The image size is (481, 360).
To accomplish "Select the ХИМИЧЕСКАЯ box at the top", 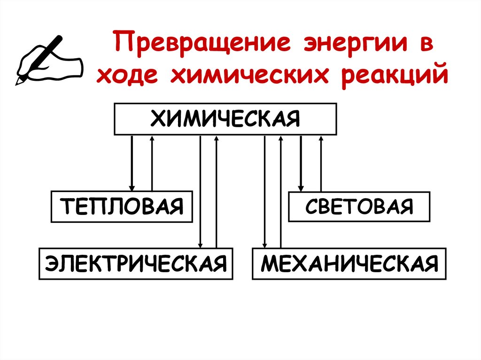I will pyautogui.click(x=225, y=118).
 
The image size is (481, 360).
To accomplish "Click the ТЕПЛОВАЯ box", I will pyautogui.click(x=122, y=207).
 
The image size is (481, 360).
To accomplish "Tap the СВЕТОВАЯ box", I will pyautogui.click(x=359, y=207).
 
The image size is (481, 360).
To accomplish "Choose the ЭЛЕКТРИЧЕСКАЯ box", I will pyautogui.click(x=136, y=263).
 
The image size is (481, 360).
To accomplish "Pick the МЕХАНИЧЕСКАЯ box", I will pyautogui.click(x=349, y=263).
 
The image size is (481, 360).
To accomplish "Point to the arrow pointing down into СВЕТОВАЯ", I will pyautogui.click(x=301, y=162).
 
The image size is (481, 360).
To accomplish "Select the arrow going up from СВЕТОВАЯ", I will pyautogui.click(x=321, y=162).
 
